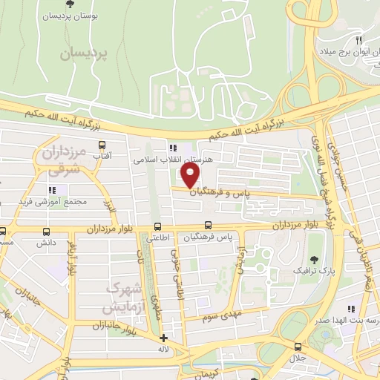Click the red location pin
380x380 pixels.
pos(191,176)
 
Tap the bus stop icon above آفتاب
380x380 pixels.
pos(102,145)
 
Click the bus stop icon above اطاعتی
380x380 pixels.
pos(157,226)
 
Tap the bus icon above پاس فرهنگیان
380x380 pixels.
pos(209,226)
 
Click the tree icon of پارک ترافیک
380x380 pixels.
pos(315,260)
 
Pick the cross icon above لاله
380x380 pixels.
pos(163,338)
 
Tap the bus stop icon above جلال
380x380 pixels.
pos(298,347)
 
